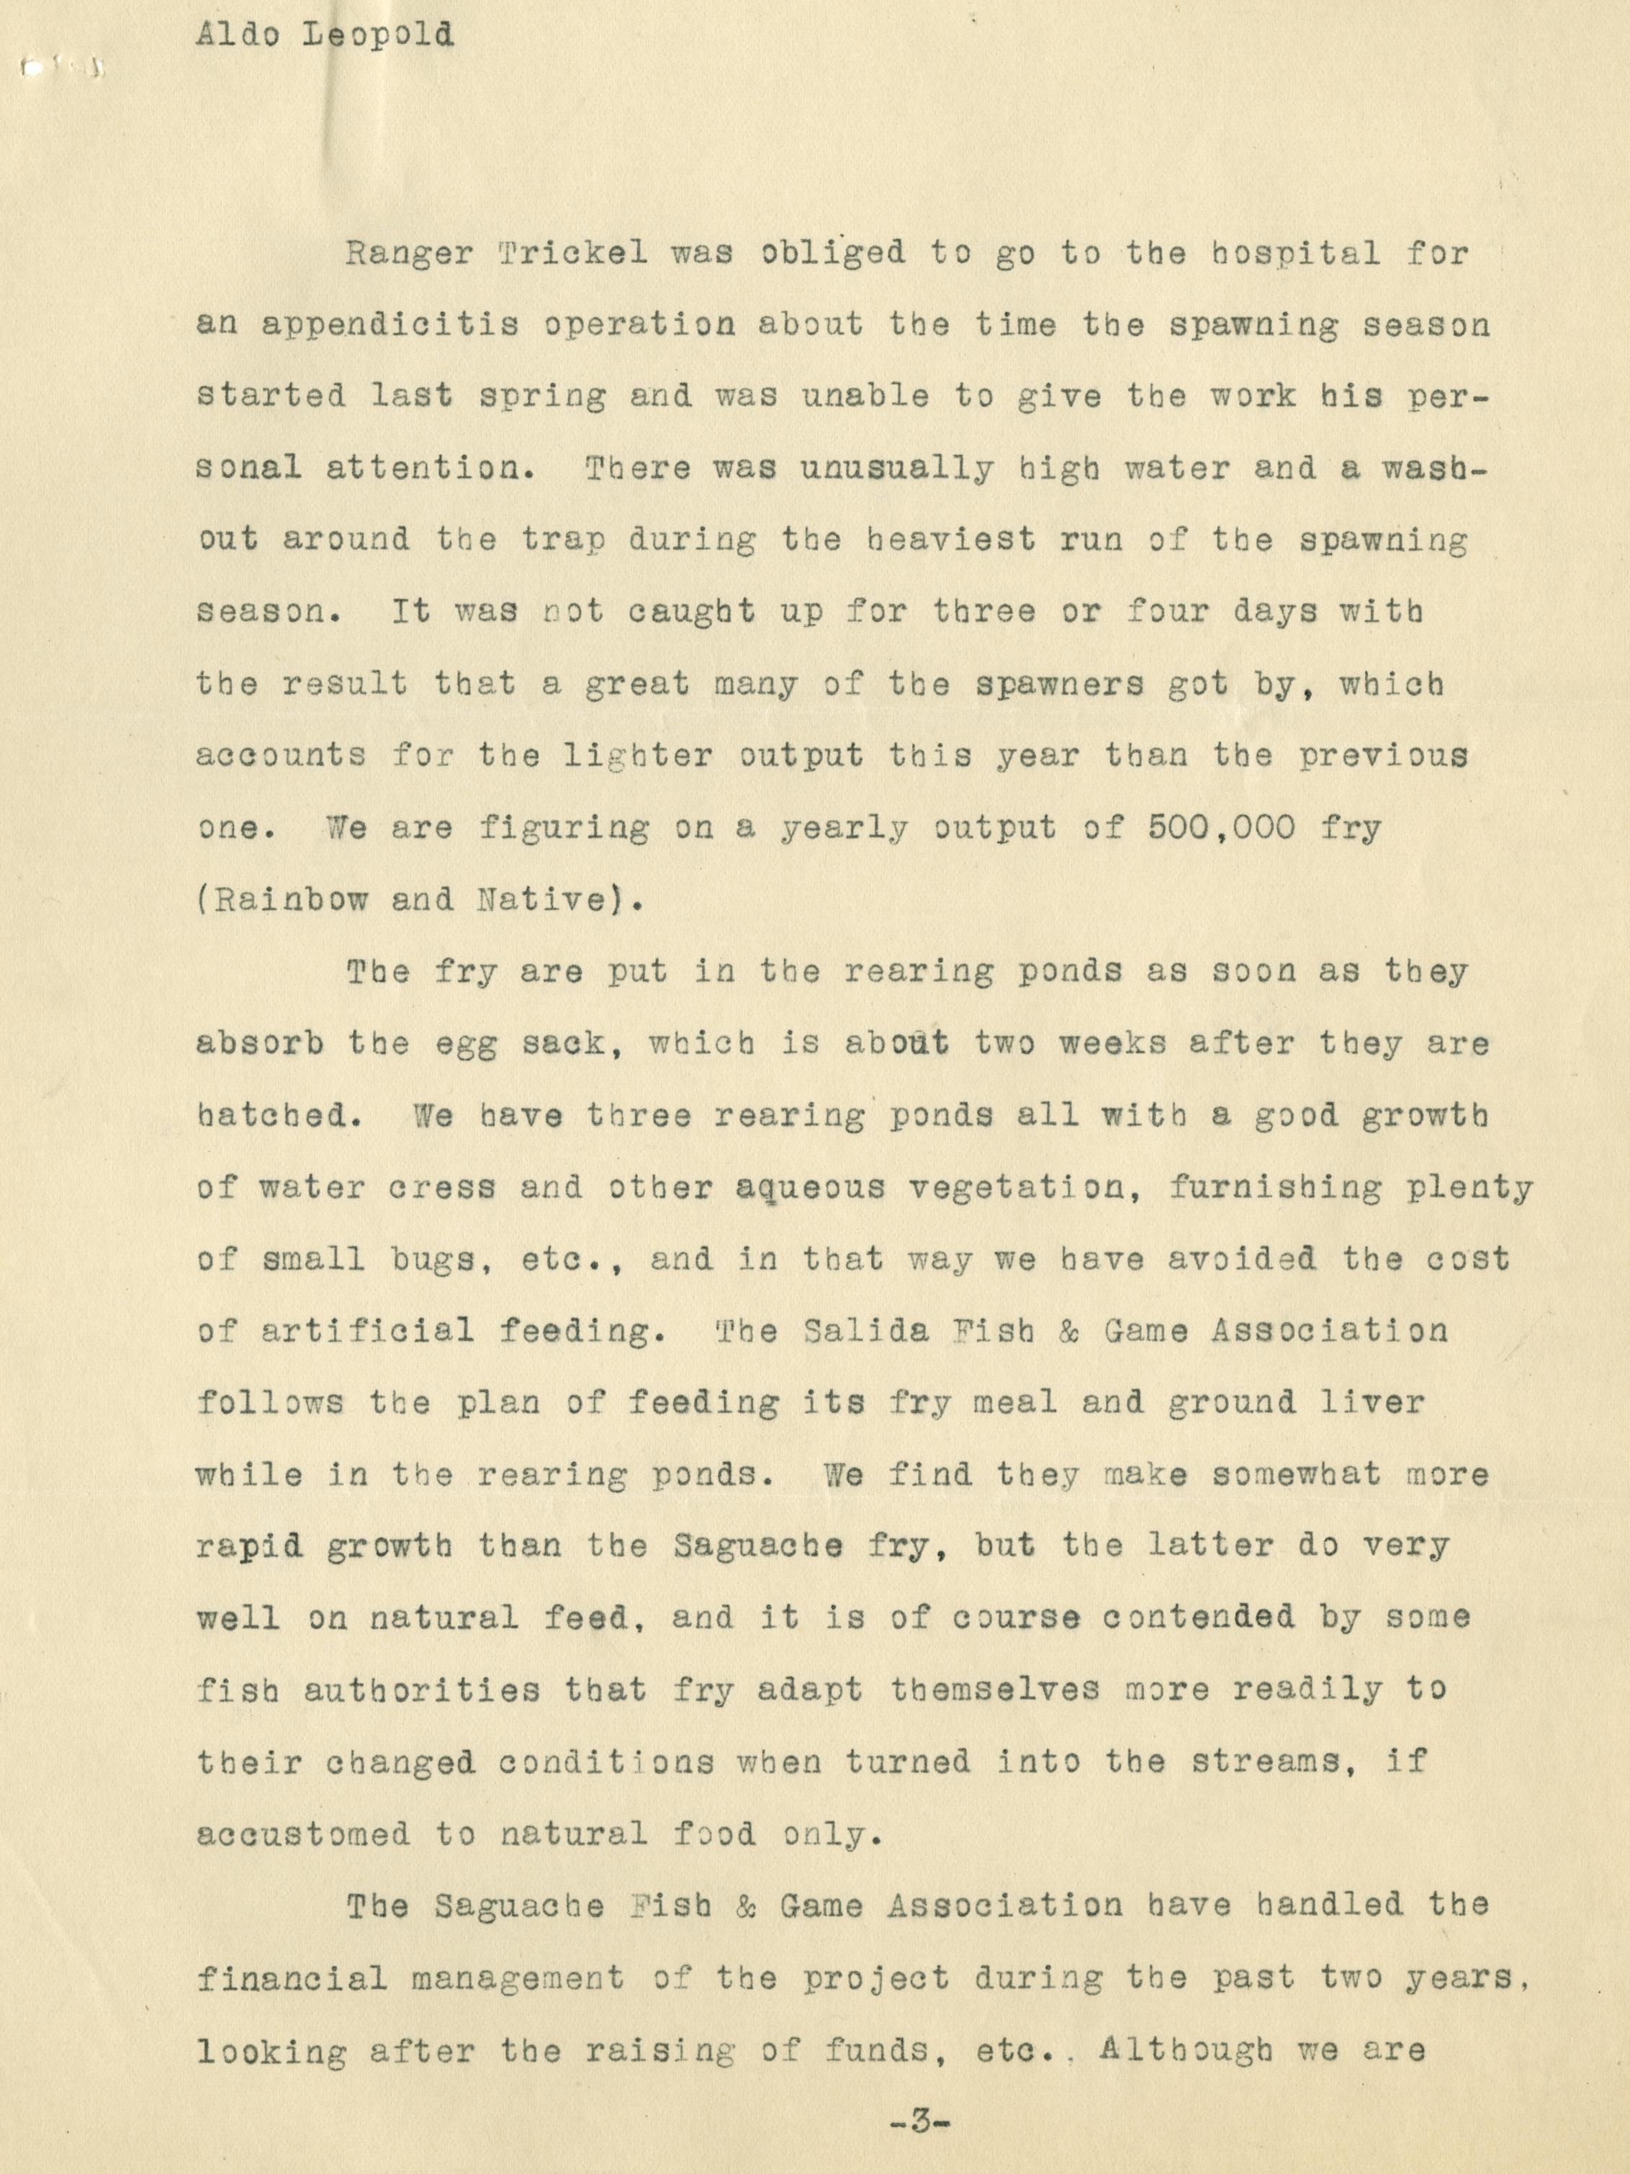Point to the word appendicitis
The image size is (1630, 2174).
pos(390,325)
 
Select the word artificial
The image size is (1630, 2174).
pos(368,1332)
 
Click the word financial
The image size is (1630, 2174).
pos(293,1977)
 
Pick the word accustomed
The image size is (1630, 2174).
pos(304,1834)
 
